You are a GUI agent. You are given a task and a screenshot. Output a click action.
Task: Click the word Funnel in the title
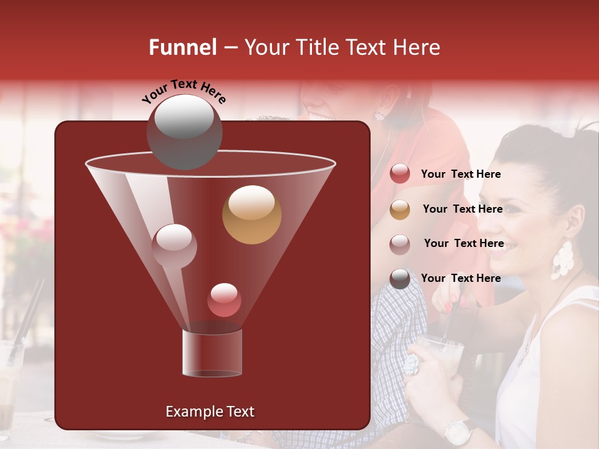tap(182, 47)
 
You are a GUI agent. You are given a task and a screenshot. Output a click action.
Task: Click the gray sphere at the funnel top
tap(184, 132)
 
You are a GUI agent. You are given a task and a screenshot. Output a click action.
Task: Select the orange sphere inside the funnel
tap(251, 215)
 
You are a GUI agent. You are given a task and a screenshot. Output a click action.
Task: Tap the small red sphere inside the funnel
tap(224, 300)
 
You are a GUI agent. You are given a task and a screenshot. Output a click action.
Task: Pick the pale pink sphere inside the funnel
tap(174, 246)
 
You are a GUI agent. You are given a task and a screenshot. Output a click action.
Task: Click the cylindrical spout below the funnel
tap(212, 353)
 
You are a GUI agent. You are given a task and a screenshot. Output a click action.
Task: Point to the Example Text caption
tap(210, 412)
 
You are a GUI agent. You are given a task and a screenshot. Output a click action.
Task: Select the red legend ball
tap(400, 174)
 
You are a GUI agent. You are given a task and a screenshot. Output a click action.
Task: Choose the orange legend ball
tap(400, 210)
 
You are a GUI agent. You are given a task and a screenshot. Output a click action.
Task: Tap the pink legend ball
tap(400, 244)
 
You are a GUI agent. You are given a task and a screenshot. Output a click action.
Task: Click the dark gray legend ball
tap(400, 279)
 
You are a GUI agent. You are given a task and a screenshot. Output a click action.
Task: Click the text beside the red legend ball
tap(460, 175)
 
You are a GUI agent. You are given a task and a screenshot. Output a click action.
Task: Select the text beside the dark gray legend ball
tap(460, 278)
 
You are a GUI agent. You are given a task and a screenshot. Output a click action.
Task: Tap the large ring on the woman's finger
tap(412, 364)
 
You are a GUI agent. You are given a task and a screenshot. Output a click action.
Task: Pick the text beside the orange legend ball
tap(462, 209)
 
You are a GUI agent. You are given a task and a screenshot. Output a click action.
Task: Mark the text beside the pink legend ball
tap(464, 243)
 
